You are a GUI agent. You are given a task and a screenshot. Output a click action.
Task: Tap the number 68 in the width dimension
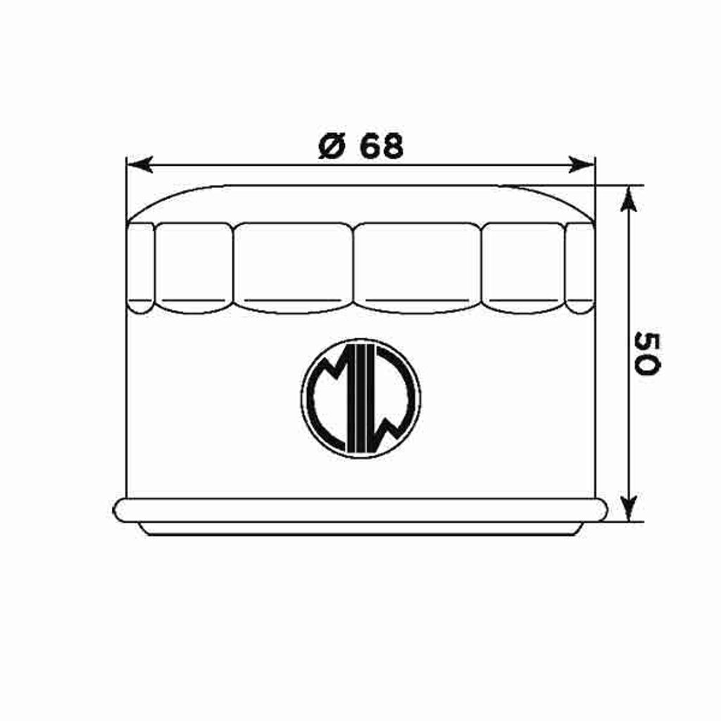point(381,146)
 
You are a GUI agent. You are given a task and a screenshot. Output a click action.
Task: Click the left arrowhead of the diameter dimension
point(140,164)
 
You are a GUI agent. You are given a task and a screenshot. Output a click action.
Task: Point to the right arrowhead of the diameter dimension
point(582,164)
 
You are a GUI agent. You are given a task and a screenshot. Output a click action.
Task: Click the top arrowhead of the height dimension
point(629,199)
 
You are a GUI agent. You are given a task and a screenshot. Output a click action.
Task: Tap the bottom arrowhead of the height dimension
point(629,508)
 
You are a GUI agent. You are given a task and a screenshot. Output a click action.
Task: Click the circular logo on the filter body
point(360,399)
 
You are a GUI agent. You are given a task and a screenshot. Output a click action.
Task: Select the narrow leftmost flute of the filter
point(140,268)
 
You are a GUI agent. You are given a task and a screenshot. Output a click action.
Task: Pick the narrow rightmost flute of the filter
point(580,268)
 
